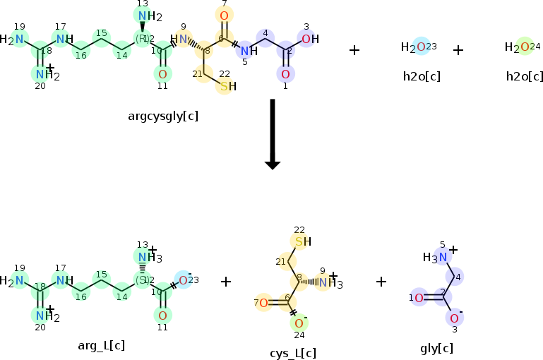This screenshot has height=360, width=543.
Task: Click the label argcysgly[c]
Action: click(163, 115)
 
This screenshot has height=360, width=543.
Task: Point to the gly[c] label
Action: click(436, 347)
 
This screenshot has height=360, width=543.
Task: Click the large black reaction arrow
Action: click(273, 134)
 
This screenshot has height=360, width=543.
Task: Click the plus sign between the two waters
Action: click(458, 50)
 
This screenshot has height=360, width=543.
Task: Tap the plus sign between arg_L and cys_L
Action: click(226, 282)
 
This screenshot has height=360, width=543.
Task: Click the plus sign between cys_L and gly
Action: click(381, 282)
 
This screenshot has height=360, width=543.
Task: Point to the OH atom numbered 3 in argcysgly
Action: click(309, 39)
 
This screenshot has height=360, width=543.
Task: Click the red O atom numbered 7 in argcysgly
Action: click(224, 16)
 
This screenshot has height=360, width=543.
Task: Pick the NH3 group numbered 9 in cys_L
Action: click(326, 283)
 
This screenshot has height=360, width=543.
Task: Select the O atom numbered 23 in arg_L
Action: click(183, 280)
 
